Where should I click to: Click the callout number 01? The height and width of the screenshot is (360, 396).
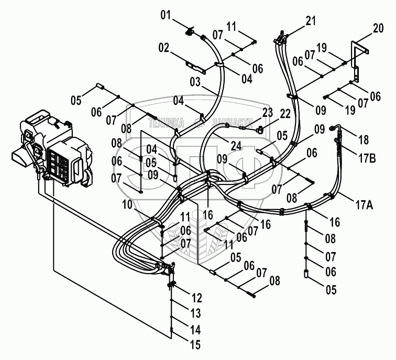click(x=166, y=15)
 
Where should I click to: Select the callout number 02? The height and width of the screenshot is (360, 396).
click(x=164, y=48)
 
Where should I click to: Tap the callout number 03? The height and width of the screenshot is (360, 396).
click(x=195, y=82)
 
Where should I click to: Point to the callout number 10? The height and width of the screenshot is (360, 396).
click(x=127, y=205)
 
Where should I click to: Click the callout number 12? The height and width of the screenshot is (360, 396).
click(x=197, y=298)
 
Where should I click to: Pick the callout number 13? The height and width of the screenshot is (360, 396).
click(x=195, y=313)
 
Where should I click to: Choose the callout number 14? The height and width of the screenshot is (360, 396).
click(x=195, y=330)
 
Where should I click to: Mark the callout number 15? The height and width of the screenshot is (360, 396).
click(x=195, y=345)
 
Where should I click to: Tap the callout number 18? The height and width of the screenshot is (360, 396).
click(x=364, y=140)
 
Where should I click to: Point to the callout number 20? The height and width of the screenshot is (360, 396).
click(x=378, y=28)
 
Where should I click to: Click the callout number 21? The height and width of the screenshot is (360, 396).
click(x=311, y=21)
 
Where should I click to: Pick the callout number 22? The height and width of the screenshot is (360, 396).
click(x=285, y=114)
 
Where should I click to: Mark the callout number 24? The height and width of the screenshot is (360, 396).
click(x=236, y=146)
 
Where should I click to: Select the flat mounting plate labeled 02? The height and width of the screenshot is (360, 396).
click(x=196, y=67)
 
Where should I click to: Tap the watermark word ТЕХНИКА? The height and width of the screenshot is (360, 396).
click(x=166, y=123)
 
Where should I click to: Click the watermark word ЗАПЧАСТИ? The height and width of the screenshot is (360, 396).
click(x=233, y=123)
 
